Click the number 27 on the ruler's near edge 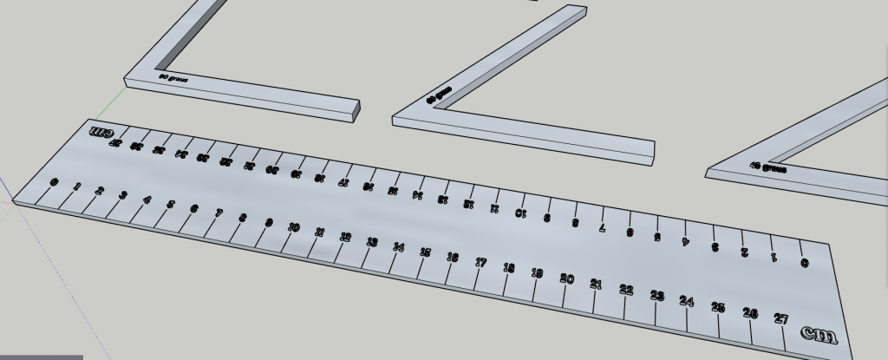coord(780,319)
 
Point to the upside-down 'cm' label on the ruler coord(101,133)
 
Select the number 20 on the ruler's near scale coord(566,278)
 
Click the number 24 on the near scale coord(687,301)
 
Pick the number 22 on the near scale coord(626,290)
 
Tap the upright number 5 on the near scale coord(170,205)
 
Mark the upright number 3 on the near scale coord(122,195)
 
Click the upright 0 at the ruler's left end coord(55,182)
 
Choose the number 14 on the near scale coord(398,247)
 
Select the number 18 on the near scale coord(509,268)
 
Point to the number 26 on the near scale coord(750,313)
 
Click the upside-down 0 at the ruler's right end coord(804,263)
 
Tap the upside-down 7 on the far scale coord(603,228)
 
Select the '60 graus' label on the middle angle coord(440,93)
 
